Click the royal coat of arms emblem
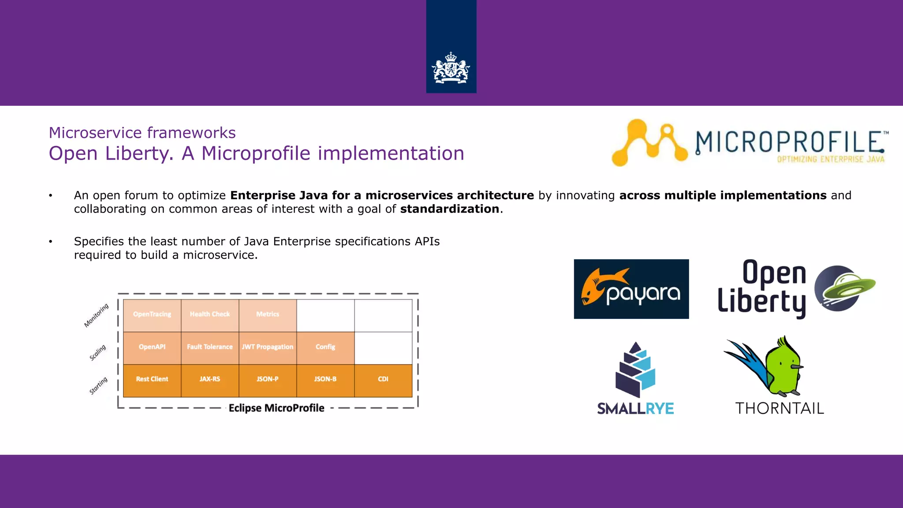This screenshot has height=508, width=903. tap(451, 68)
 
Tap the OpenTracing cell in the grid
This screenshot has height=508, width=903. tap(152, 314)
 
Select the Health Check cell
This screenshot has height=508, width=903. tap(210, 314)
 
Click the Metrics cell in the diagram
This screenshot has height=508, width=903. tap(268, 314)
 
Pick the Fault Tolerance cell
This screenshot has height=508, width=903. tap(210, 347)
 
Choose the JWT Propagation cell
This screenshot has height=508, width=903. tap(268, 347)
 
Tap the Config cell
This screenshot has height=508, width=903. tap(325, 347)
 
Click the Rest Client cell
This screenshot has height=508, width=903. tap(152, 379)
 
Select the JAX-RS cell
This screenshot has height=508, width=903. tap(210, 379)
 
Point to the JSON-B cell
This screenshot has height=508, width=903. tap(325, 379)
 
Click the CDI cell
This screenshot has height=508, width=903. tap(383, 379)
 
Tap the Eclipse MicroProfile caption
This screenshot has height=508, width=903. tap(276, 408)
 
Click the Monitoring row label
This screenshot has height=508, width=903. tap(96, 315)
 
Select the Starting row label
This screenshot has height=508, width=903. tap(98, 385)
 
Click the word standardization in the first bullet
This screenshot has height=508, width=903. tap(449, 209)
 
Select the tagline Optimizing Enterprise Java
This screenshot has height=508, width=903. tap(831, 159)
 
